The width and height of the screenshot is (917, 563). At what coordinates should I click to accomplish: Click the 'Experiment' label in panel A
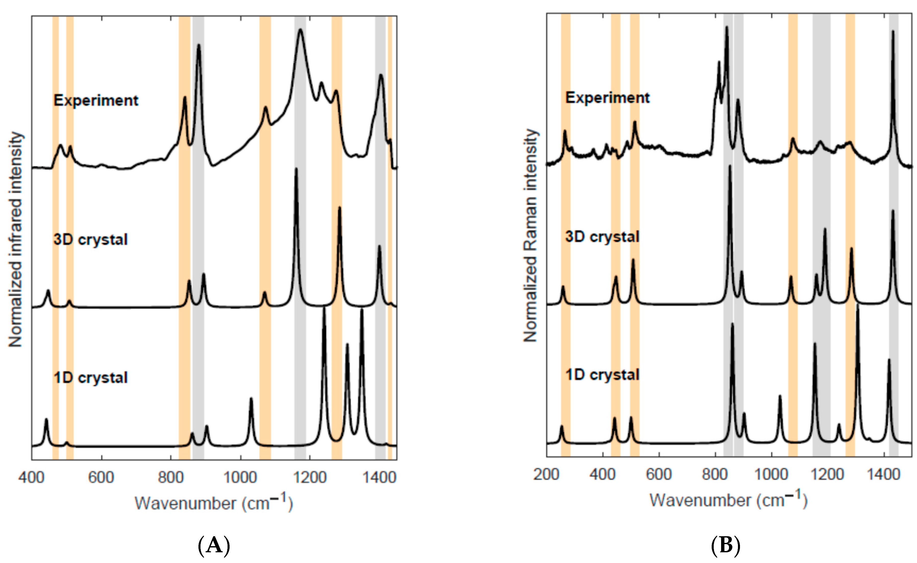[x=96, y=100]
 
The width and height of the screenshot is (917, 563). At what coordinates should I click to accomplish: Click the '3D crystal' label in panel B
[x=602, y=237]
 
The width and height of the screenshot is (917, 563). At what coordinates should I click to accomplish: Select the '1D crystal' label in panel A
[x=91, y=378]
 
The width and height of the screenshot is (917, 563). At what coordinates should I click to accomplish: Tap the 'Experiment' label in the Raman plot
[x=608, y=98]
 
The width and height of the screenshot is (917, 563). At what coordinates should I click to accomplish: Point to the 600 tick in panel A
[x=101, y=477]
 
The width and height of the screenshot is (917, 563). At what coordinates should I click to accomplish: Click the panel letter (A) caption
[x=214, y=546]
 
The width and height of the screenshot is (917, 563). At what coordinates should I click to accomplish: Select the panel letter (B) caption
[x=725, y=546]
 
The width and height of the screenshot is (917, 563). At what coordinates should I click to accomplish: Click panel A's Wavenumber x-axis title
[x=214, y=503]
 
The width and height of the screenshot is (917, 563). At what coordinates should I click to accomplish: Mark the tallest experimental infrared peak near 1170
[x=300, y=30]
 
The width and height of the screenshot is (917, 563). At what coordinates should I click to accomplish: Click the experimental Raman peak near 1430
[x=893, y=32]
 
